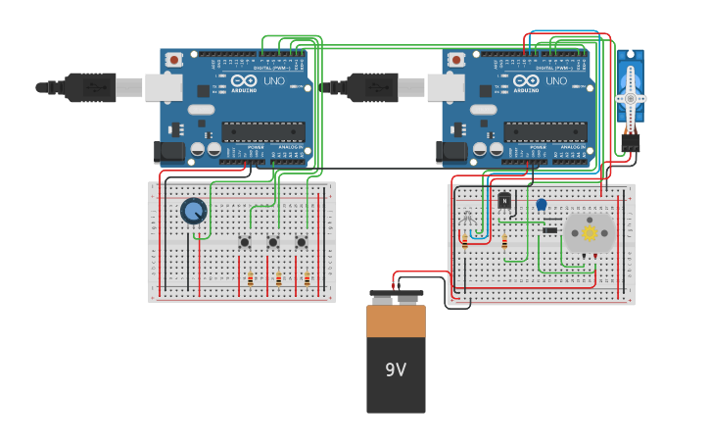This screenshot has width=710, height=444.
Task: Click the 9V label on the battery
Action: coord(396,370)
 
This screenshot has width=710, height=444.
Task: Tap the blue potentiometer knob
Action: coord(194,211)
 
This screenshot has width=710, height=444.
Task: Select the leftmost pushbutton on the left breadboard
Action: coord(244,242)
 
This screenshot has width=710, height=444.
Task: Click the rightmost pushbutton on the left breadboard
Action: coord(301,242)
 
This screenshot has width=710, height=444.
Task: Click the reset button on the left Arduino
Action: coord(173,60)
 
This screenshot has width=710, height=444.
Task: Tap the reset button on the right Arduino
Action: coord(455,60)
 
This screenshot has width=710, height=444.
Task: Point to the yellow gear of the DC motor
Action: coord(590,232)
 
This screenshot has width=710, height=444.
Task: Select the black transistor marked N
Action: coord(504,201)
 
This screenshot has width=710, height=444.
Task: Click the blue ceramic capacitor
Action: coord(541,205)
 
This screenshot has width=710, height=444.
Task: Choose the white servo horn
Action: coord(630,98)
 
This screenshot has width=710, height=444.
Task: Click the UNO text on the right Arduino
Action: coord(556,81)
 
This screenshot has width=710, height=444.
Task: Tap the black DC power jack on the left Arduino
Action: coord(169,152)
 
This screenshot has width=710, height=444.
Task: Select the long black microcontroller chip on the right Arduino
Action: coord(546,131)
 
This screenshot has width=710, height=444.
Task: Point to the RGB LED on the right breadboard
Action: coord(466,217)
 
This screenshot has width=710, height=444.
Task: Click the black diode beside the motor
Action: coord(549,230)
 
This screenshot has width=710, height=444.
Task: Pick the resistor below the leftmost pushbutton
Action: coord(251,279)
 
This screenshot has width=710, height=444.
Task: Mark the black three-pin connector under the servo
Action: coord(630,142)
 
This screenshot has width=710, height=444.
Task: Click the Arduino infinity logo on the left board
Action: coord(244,81)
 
